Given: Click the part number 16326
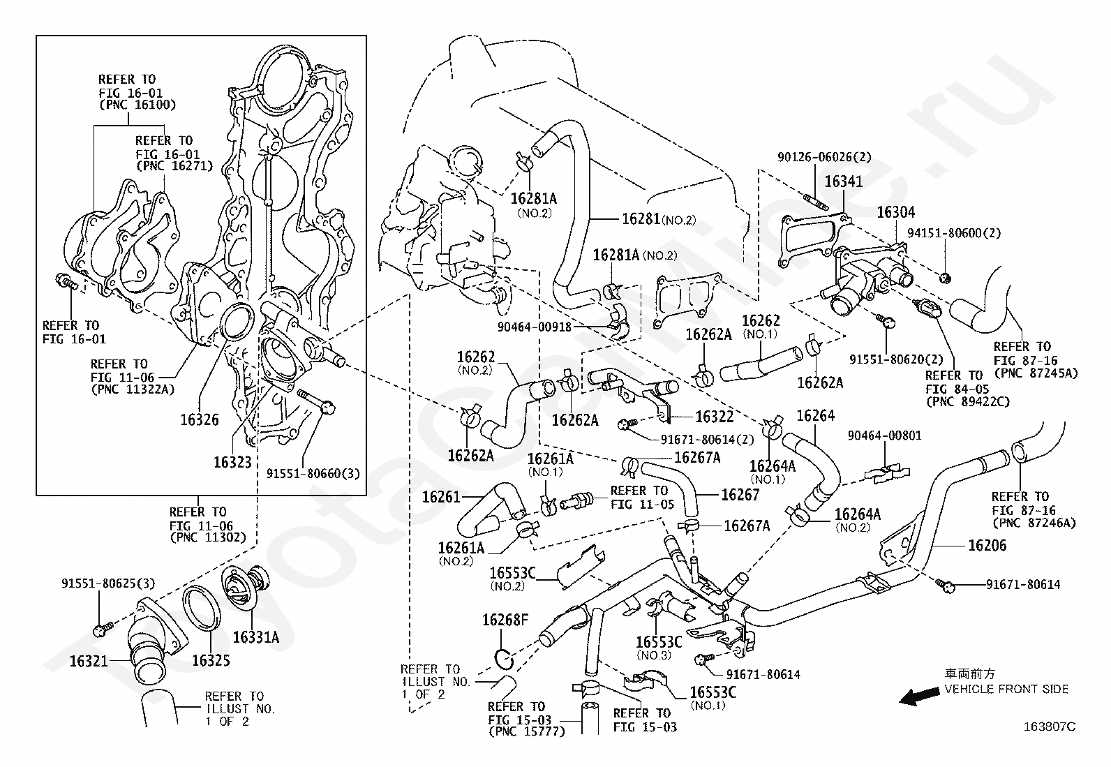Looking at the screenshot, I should pyautogui.click(x=199, y=419).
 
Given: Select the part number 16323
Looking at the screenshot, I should pyautogui.click(x=232, y=461).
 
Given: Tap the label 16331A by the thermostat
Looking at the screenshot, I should pyautogui.click(x=255, y=636).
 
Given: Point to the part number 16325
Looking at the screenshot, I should pyautogui.click(x=211, y=660).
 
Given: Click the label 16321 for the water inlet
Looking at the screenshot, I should pyautogui.click(x=88, y=660).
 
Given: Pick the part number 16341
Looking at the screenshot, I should pyautogui.click(x=844, y=181).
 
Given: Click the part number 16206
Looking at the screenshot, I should pyautogui.click(x=987, y=546).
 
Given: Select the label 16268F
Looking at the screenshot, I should pyautogui.click(x=505, y=620).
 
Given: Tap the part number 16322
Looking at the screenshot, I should pyautogui.click(x=714, y=417).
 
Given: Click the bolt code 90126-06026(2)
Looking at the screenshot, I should pyautogui.click(x=824, y=158).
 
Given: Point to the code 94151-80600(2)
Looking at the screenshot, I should pyautogui.click(x=953, y=233).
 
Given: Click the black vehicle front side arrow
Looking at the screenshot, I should pyautogui.click(x=918, y=696).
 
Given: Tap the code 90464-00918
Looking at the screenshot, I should pyautogui.click(x=535, y=325).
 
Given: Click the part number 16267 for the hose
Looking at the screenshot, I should pyautogui.click(x=740, y=495).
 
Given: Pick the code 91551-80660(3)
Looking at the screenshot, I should pyautogui.click(x=313, y=473).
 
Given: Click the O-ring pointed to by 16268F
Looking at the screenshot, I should pyautogui.click(x=504, y=657).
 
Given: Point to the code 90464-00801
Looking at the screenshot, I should pyautogui.click(x=884, y=436).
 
